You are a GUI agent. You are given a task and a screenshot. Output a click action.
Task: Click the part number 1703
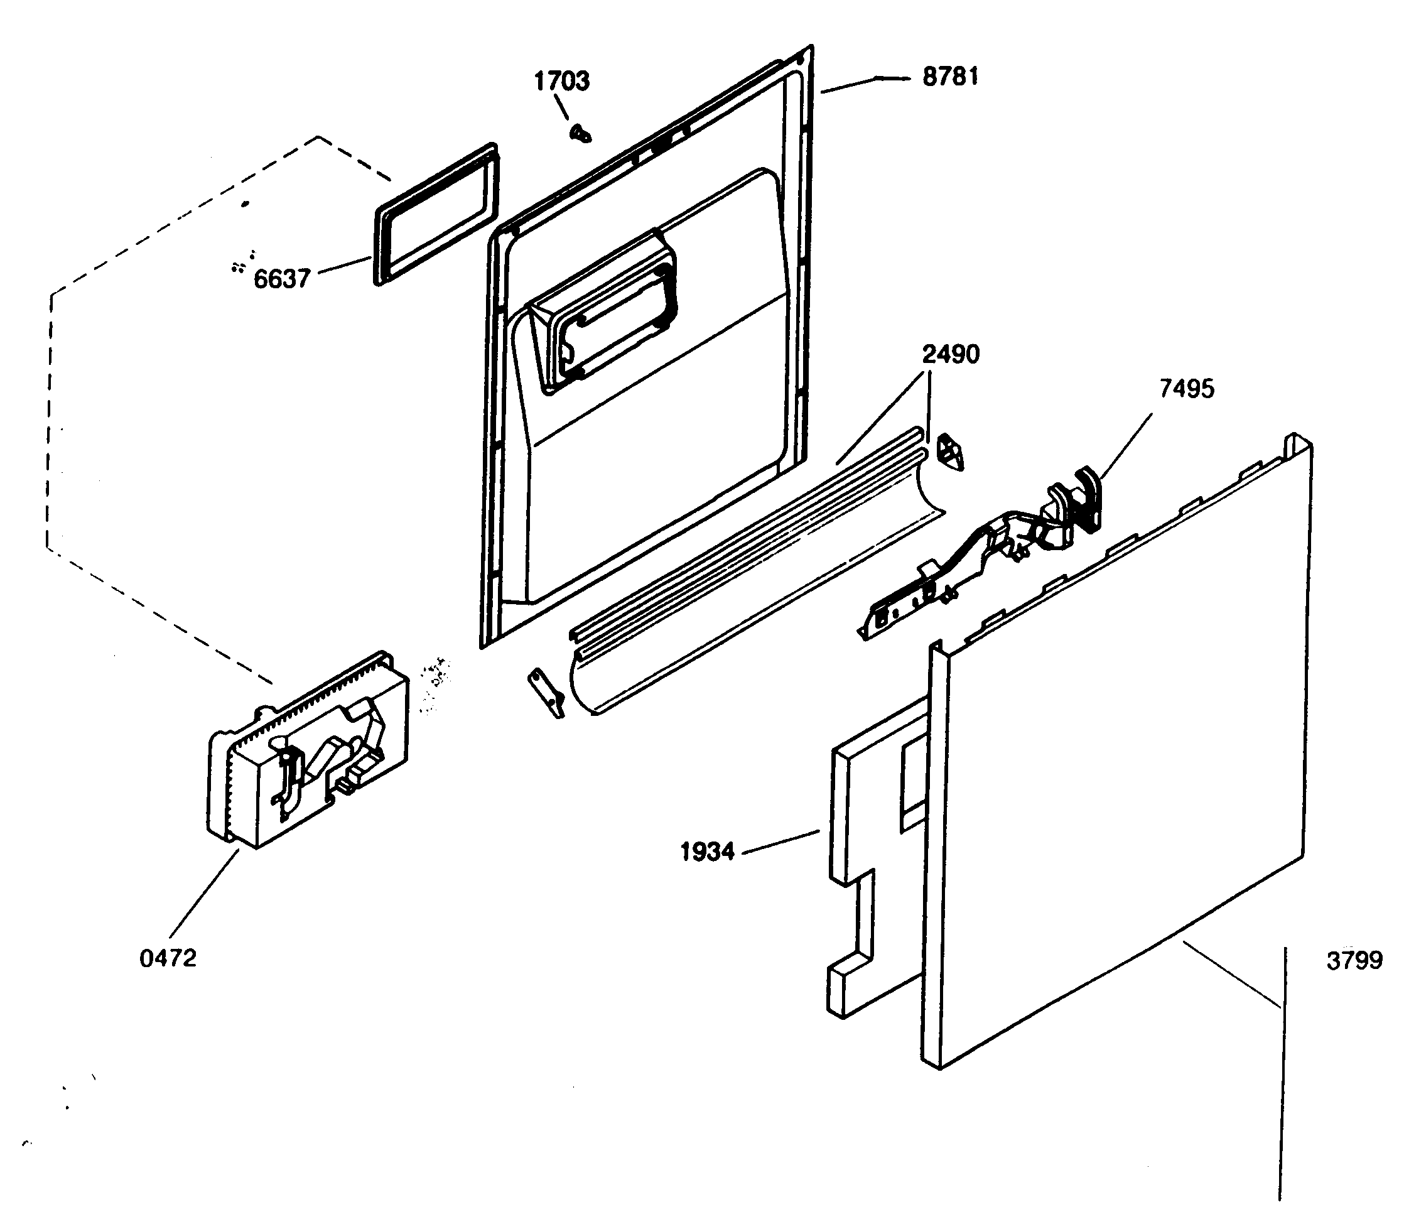[562, 82]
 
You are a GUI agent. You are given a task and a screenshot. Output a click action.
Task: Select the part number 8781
[950, 77]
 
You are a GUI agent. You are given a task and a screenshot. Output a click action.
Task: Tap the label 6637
[282, 279]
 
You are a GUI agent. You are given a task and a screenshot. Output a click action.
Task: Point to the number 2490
[950, 354]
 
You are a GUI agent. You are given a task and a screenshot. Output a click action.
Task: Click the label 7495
[1187, 389]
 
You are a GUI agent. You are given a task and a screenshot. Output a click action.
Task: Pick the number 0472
[168, 958]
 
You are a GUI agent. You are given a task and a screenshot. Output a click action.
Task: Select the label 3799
[1354, 960]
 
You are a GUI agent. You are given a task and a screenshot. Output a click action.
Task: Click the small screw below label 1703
[581, 134]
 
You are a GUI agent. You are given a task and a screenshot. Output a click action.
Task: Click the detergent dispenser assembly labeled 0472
[308, 752]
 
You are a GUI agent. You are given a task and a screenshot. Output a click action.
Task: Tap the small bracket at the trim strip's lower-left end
[547, 691]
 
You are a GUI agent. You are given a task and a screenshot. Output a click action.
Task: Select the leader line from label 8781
[864, 85]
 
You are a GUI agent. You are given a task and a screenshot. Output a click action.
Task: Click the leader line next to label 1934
[781, 841]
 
